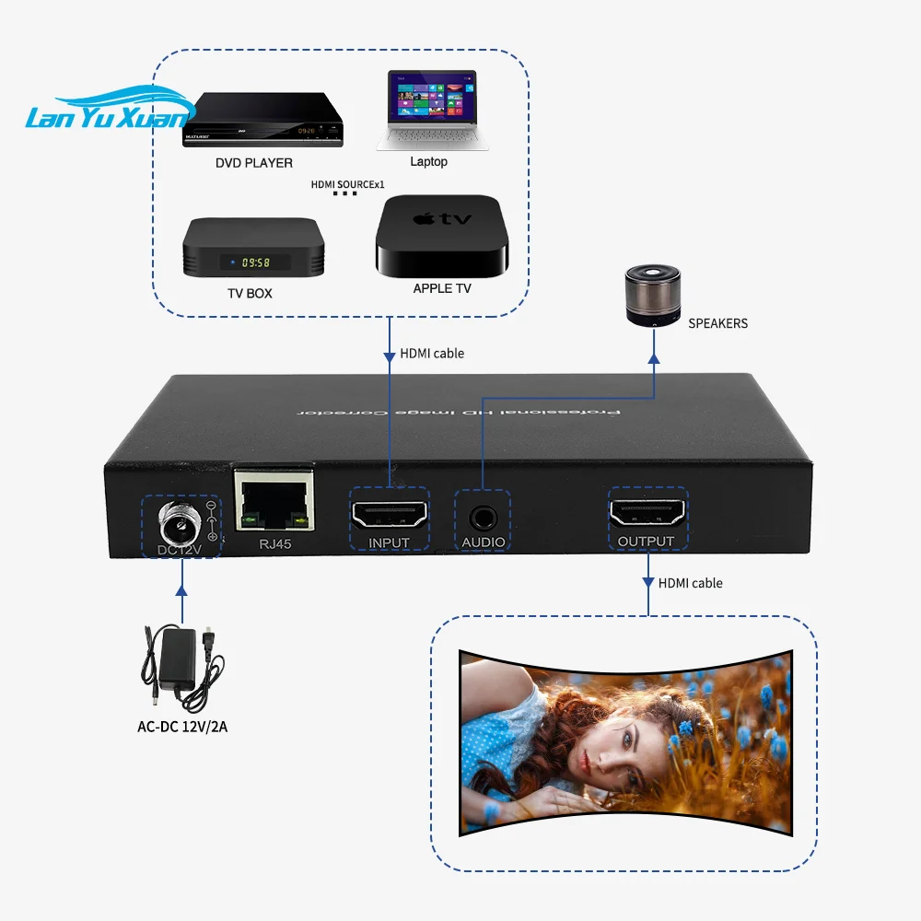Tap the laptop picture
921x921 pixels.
click(x=430, y=111)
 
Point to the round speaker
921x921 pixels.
click(x=652, y=297)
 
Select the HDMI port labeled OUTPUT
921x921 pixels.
click(x=647, y=510)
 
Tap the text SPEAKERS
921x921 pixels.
click(x=717, y=323)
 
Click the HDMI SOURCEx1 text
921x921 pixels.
click(x=347, y=184)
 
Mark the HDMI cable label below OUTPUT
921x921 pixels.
click(x=690, y=583)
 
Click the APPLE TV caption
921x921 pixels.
click(x=442, y=288)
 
